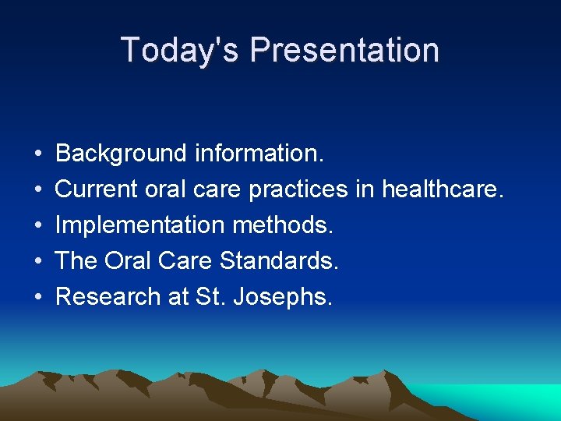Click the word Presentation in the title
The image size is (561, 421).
(x=344, y=50)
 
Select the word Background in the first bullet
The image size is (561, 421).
(x=121, y=154)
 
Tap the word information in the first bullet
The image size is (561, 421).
(x=257, y=154)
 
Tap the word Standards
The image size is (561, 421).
(x=280, y=261)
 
